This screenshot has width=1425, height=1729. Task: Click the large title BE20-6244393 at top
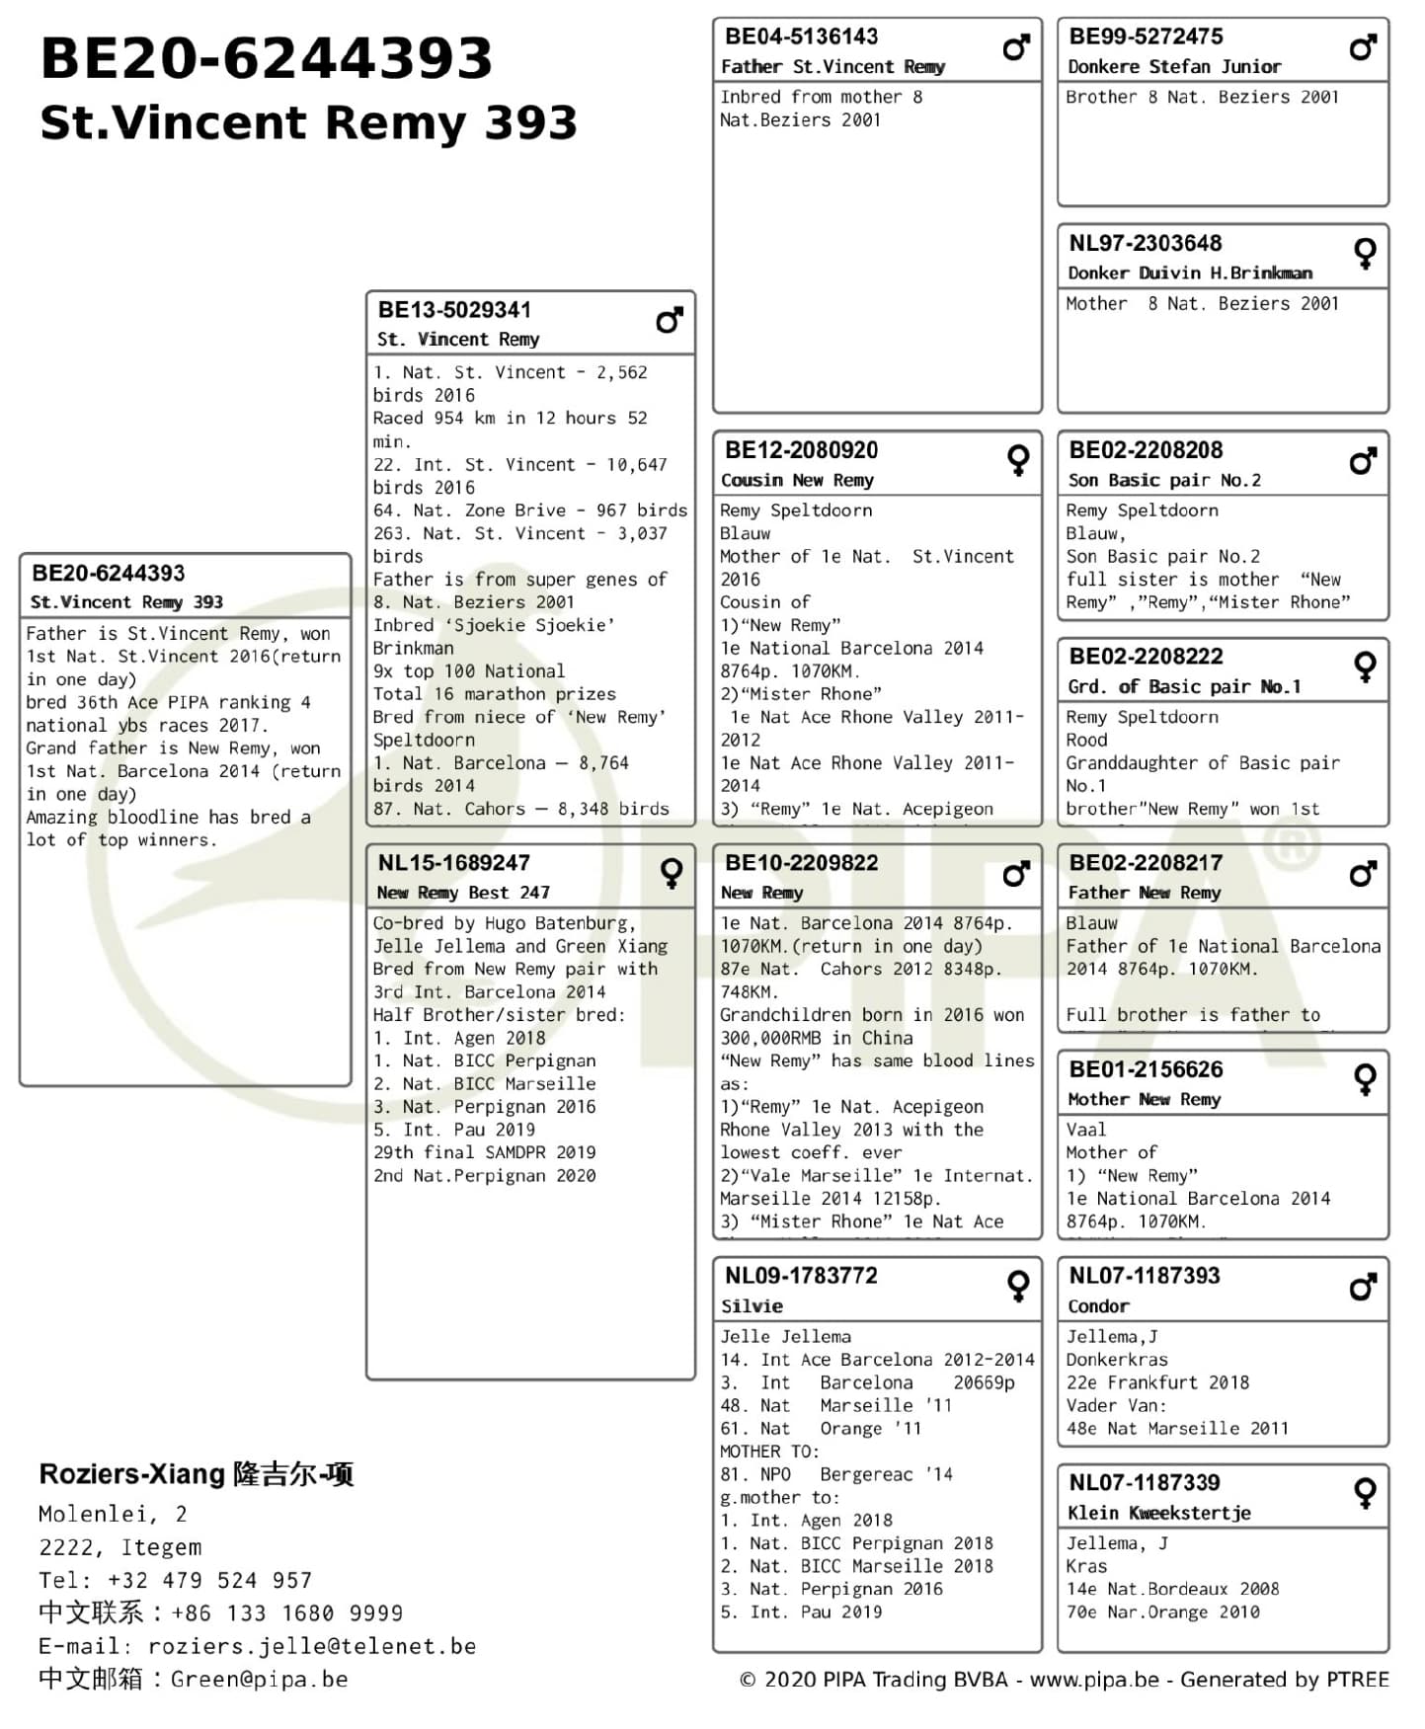click(267, 57)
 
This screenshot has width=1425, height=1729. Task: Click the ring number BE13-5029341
click(454, 310)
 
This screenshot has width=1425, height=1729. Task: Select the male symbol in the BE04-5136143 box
click(1016, 46)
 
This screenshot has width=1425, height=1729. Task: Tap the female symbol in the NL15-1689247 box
click(672, 872)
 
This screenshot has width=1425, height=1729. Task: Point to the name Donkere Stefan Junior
click(1174, 67)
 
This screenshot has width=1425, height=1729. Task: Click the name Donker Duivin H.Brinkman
click(1190, 274)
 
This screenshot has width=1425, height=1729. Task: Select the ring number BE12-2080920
click(801, 451)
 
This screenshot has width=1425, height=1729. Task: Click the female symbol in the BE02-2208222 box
click(1365, 667)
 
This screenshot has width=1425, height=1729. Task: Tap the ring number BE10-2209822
click(801, 864)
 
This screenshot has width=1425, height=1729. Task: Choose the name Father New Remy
click(1145, 894)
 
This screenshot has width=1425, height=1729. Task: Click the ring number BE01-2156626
click(1146, 1070)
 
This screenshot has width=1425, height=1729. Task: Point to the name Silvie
click(752, 1306)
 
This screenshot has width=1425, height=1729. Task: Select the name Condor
click(1098, 1306)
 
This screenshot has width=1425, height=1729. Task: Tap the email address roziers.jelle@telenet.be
click(312, 1646)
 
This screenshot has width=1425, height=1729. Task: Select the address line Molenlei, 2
click(113, 1514)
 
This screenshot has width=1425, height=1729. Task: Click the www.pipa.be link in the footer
click(1094, 1680)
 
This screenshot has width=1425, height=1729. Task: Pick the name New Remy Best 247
click(463, 894)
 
